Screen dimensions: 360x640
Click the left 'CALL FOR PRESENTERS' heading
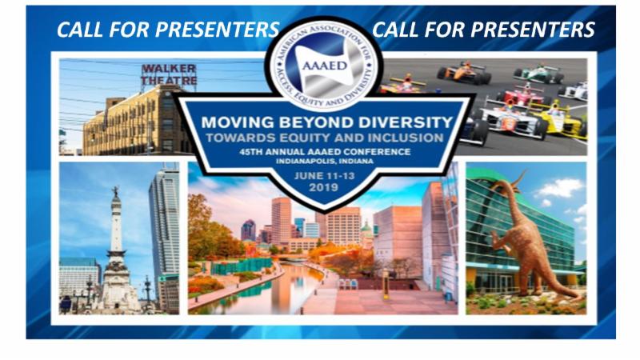[167, 30]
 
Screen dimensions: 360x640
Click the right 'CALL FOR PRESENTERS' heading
[483, 30]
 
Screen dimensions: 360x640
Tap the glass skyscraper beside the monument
[165, 232]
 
